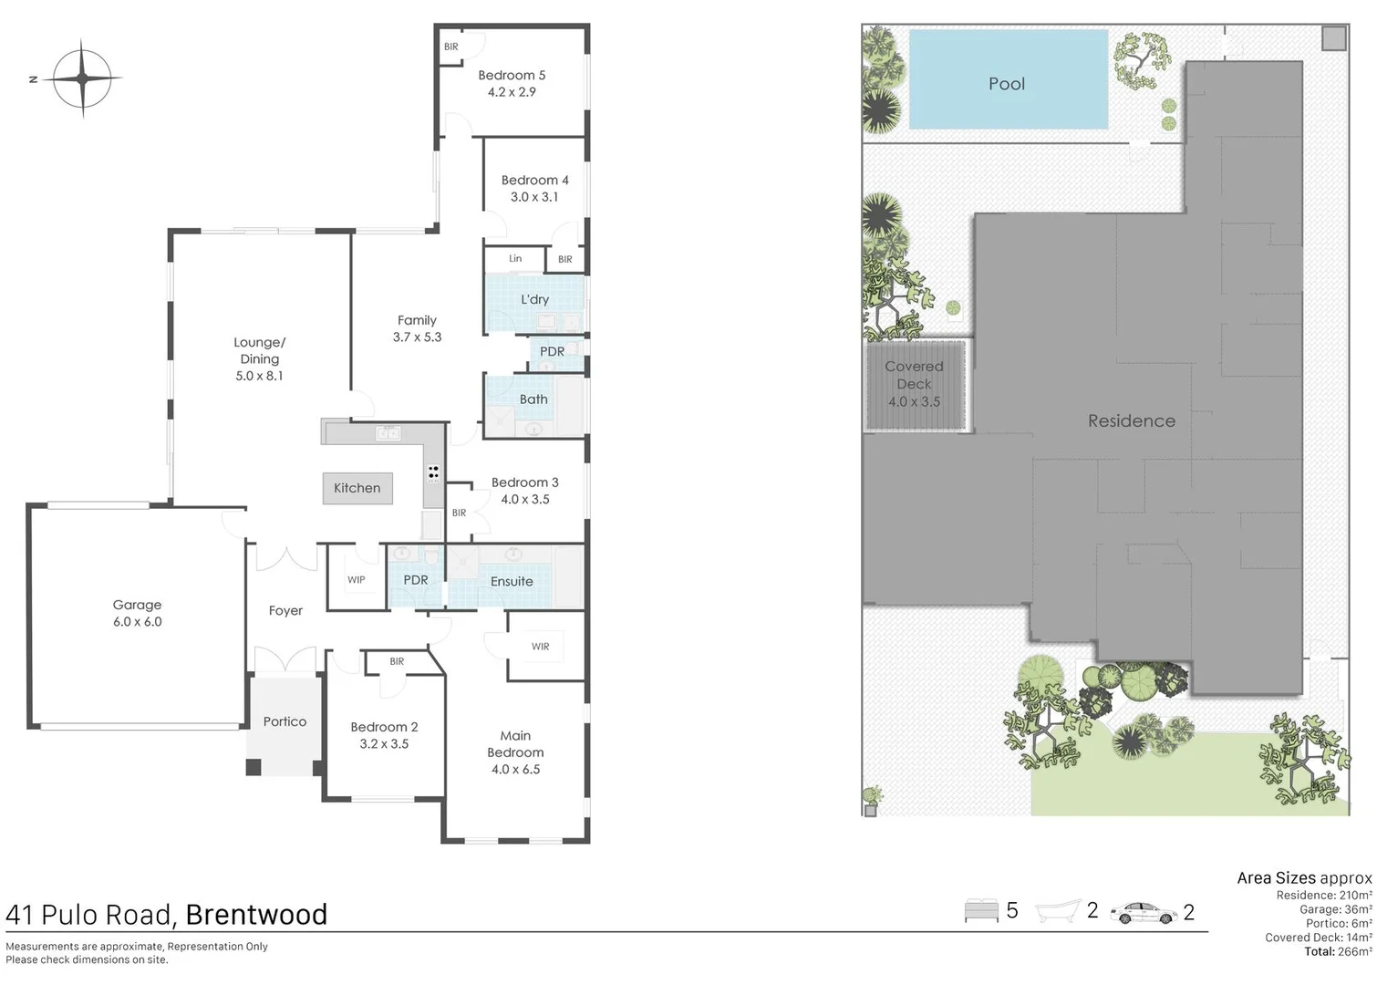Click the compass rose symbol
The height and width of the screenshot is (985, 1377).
tap(82, 78)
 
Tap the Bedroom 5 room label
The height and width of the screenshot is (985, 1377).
tap(512, 76)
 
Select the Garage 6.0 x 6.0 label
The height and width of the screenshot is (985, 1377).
tap(137, 613)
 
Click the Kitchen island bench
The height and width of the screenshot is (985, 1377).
tap(357, 488)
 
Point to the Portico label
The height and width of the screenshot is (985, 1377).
tap(285, 721)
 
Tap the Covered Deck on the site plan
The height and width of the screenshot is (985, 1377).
tap(915, 384)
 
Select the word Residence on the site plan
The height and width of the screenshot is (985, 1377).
tap(1131, 420)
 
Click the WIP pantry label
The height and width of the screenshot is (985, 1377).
tap(356, 580)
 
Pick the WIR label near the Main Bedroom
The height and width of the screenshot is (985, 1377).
tap(540, 647)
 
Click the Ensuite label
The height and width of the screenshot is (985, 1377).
tap(512, 581)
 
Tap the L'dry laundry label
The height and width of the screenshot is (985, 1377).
tap(534, 299)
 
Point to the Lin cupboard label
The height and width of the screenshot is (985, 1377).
tap(515, 259)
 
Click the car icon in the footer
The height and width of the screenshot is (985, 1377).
tap(1144, 912)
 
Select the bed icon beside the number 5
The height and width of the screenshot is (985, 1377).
tap(981, 911)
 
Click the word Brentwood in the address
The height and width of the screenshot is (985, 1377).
tap(256, 915)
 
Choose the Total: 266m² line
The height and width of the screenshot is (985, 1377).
tap(1337, 951)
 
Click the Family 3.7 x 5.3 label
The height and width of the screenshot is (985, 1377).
tap(417, 328)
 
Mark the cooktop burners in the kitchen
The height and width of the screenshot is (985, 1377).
tap(433, 472)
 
